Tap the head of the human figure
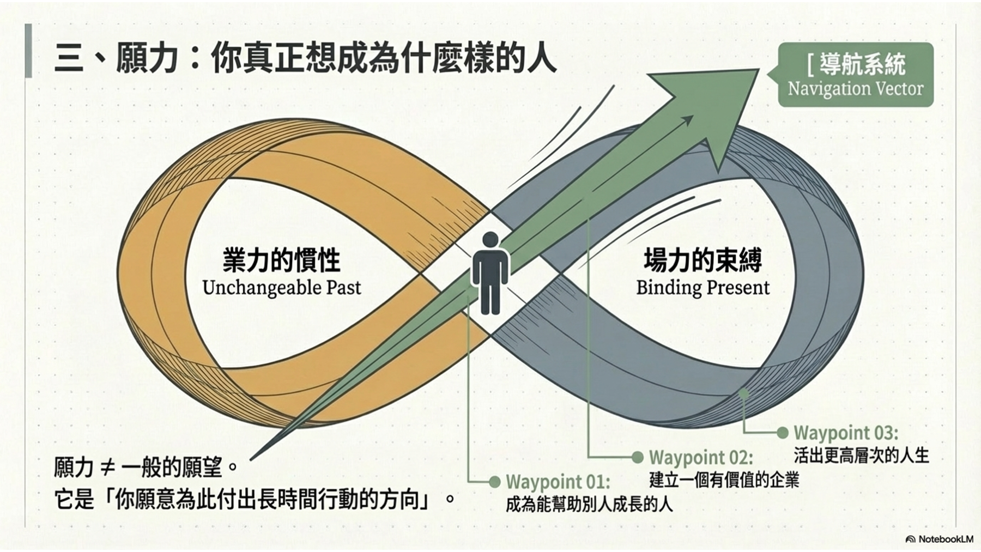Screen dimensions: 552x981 (491, 240)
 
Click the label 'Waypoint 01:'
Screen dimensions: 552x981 (558, 482)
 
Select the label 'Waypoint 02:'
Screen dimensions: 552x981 (701, 457)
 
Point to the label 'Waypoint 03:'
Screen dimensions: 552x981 (845, 433)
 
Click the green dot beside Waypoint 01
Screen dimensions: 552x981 (494, 482)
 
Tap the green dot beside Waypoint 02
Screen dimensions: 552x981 (637, 457)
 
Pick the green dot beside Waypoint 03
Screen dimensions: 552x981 (782, 433)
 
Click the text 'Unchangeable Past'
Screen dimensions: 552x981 (281, 288)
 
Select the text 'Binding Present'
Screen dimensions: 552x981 (703, 288)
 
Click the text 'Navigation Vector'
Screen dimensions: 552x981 (855, 88)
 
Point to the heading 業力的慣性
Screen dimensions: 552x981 (281, 260)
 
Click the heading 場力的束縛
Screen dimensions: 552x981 (703, 260)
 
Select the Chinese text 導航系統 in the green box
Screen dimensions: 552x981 (862, 64)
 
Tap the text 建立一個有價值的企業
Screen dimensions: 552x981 (724, 480)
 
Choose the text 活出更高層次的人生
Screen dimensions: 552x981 (861, 455)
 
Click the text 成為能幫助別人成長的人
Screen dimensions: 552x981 (589, 505)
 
